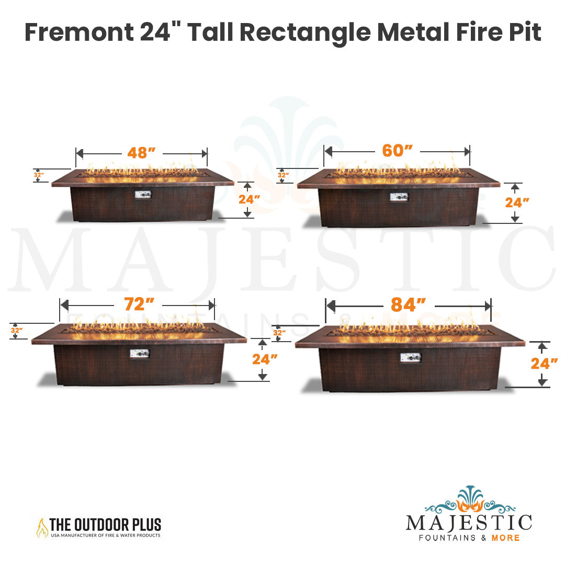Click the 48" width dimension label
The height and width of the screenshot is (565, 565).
141,153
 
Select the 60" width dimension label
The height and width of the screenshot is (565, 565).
398,151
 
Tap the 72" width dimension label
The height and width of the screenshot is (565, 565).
139,304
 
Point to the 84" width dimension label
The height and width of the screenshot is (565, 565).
408,305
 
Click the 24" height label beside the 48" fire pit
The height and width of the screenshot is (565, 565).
250,199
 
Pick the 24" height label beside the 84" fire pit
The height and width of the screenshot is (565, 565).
544,363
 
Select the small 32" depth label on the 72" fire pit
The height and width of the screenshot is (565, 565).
17,330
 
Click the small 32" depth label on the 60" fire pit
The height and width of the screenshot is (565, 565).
283,175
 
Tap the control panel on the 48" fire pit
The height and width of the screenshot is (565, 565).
143,195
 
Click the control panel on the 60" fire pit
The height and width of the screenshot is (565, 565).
399,197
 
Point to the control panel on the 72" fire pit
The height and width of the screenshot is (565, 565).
140,354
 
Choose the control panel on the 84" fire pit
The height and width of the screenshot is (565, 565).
411,357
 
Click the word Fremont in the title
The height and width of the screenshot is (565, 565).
80,32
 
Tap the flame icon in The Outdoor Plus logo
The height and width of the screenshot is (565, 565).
42,528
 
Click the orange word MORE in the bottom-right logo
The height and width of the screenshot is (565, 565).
505,538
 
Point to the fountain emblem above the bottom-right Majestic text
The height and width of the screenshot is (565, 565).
469,500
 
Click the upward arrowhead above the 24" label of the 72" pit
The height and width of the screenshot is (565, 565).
263,343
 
